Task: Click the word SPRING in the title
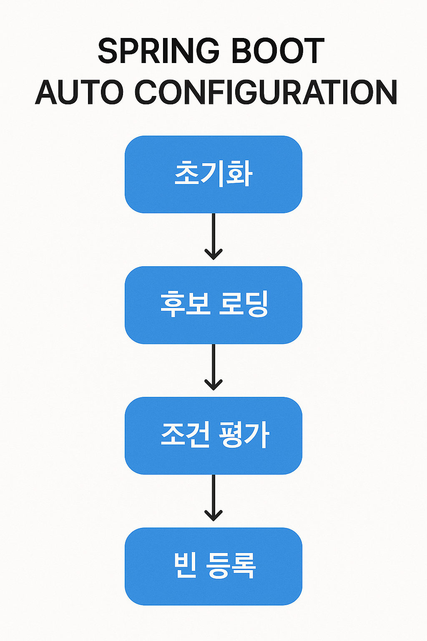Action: tap(158, 51)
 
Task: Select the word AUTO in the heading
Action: tap(80, 92)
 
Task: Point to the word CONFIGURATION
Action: tap(266, 92)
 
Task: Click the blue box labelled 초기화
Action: tap(213, 174)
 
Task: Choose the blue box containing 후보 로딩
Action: tap(213, 305)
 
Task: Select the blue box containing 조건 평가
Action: tap(213, 436)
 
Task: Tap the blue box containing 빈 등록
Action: tap(213, 566)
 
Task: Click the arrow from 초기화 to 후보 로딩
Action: tap(213, 236)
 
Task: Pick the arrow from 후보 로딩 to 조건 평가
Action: tap(213, 367)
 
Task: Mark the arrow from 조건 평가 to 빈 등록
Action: tap(213, 497)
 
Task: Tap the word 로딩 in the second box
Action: tap(244, 304)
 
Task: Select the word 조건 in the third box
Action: tap(185, 435)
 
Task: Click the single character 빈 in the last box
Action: tap(185, 565)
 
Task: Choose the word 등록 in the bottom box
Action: tap(231, 565)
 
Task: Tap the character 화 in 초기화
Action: tap(239, 174)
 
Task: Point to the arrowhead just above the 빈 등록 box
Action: tap(213, 515)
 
